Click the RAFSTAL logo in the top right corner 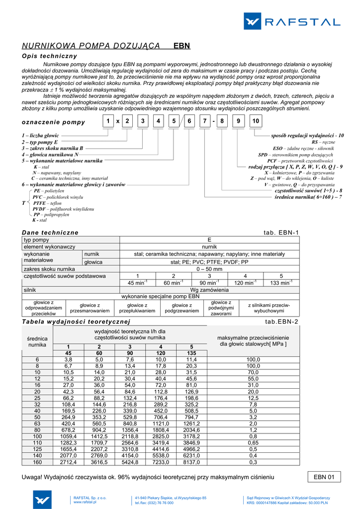click(x=292, y=21)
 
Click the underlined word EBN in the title click(x=181, y=46)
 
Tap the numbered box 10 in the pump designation click(x=255, y=121)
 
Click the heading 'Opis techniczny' click(x=50, y=56)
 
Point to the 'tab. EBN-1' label click(x=281, y=233)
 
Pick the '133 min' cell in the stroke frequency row click(x=281, y=283)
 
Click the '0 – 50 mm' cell click(x=209, y=269)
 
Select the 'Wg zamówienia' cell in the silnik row click(x=209, y=290)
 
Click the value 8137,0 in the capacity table click(x=191, y=462)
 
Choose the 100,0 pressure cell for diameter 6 click(x=253, y=359)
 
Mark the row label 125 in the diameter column click(x=37, y=449)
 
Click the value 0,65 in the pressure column click(x=253, y=442)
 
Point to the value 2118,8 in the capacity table click(x=130, y=436)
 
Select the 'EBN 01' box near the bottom click(x=324, y=477)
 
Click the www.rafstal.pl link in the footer click(x=85, y=502)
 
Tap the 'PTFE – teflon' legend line click(x=47, y=203)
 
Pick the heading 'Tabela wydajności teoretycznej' click(x=76, y=322)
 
